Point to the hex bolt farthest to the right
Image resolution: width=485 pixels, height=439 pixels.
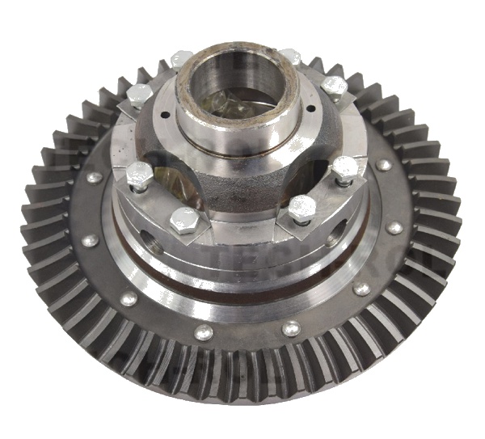pyautogui.click(x=346, y=169)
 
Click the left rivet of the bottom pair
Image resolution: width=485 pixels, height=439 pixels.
pyautogui.click(x=205, y=332)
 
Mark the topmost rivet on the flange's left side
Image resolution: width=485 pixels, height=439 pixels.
pyautogui.click(x=95, y=178)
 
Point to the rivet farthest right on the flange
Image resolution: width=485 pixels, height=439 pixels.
pyautogui.click(x=394, y=228)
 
